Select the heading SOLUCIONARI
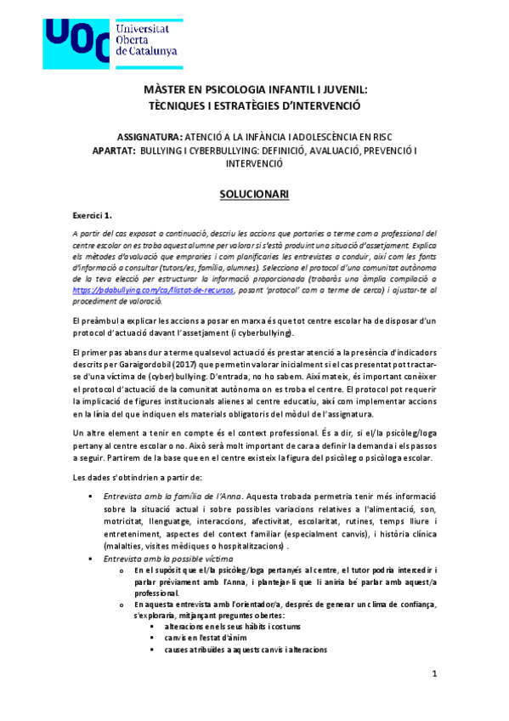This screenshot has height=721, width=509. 254,195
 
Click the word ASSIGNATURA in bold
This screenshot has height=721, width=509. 150,136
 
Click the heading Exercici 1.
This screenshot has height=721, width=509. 93,217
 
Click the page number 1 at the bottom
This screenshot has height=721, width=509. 434,674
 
